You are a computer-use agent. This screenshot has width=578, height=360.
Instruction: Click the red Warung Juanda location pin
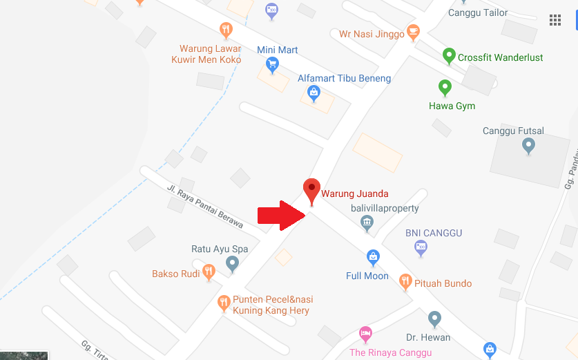click(x=312, y=189)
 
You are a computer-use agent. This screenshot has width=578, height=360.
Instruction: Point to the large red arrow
click(x=282, y=216)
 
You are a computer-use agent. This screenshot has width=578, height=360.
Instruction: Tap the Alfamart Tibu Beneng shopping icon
click(x=314, y=93)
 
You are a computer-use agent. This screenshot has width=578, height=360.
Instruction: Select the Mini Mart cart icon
click(x=272, y=65)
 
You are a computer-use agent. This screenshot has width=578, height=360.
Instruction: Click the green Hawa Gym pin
click(x=445, y=88)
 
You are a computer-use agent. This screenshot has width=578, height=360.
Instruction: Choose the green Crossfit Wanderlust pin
click(x=449, y=55)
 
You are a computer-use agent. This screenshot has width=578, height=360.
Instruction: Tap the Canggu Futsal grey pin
click(x=528, y=145)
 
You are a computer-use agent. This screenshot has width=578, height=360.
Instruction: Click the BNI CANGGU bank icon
click(x=421, y=247)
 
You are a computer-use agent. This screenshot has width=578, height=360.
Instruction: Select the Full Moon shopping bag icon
click(x=373, y=258)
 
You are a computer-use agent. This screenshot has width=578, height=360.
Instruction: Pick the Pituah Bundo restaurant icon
click(x=405, y=282)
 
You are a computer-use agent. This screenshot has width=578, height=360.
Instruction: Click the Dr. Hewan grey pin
click(x=434, y=319)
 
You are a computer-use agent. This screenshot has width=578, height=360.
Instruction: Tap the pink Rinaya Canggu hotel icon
click(x=365, y=334)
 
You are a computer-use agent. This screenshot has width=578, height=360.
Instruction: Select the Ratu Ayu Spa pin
click(x=232, y=263)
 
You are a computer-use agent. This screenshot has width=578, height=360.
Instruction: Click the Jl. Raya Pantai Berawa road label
click(x=205, y=206)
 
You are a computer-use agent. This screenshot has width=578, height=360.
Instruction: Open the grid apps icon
click(x=555, y=20)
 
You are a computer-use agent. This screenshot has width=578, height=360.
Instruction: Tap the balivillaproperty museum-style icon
click(x=367, y=222)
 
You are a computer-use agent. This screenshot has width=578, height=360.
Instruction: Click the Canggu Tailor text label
click(x=478, y=12)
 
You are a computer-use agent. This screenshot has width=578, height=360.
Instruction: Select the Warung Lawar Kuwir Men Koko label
click(x=206, y=54)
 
